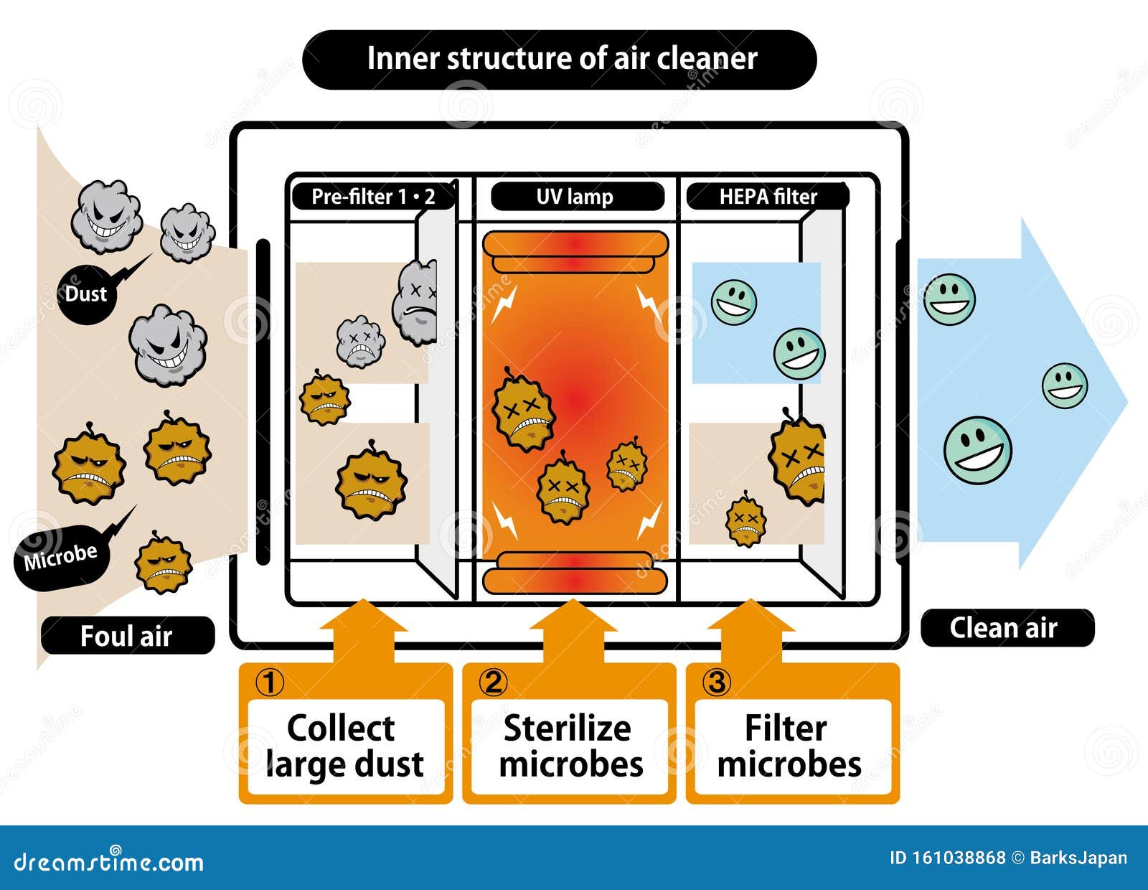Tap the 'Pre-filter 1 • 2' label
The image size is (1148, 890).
click(373, 196)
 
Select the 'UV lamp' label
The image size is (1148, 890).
click(575, 196)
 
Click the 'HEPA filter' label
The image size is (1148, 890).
click(768, 196)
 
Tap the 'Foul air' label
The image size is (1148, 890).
click(127, 636)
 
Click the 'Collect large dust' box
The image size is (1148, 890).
click(345, 746)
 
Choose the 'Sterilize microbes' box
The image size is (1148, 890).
click(570, 746)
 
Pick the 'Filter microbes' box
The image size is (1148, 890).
click(789, 746)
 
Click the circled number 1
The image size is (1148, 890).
click(270, 682)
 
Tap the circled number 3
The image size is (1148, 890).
click(717, 682)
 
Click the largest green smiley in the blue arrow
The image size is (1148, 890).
click(977, 450)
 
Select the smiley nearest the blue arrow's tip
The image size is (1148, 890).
click(1065, 385)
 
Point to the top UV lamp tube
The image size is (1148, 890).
click(575, 251)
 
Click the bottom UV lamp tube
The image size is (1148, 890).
click(575, 572)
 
